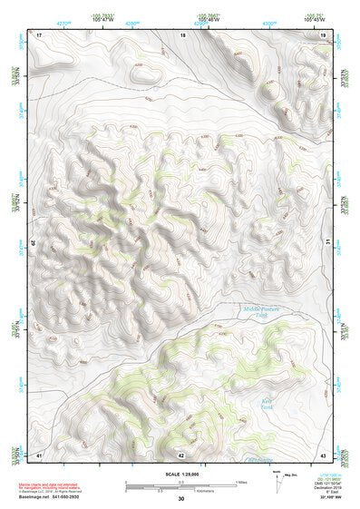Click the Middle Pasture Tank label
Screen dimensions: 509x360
tap(262, 311)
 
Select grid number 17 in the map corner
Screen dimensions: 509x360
tap(39, 34)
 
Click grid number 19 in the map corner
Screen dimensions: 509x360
tap(323, 34)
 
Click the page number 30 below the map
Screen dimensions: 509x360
tap(180, 498)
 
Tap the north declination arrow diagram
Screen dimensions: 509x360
tap(279, 482)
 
